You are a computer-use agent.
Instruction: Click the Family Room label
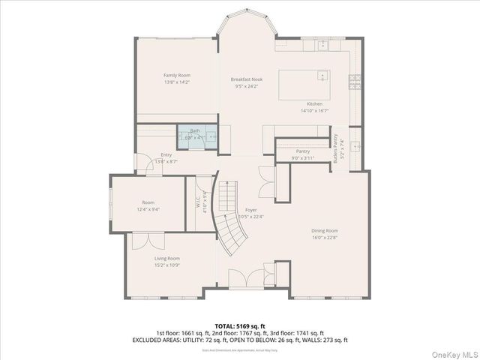(177, 75)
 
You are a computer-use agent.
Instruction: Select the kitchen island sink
(321, 76)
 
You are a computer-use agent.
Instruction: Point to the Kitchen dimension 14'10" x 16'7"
(314, 110)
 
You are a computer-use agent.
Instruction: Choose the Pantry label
(303, 151)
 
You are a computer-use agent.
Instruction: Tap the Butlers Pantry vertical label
(336, 148)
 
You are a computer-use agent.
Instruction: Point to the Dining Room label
(325, 231)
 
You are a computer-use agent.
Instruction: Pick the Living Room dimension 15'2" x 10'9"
(167, 265)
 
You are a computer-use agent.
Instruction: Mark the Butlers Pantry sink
(353, 143)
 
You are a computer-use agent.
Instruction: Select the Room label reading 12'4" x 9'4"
(148, 206)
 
